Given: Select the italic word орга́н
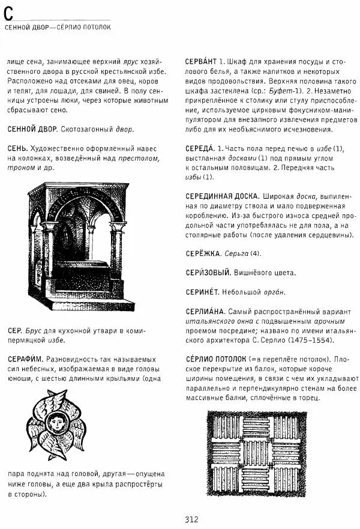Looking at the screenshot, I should pos(274,292).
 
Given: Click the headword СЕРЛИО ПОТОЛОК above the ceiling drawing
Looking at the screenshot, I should pos(213,359).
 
